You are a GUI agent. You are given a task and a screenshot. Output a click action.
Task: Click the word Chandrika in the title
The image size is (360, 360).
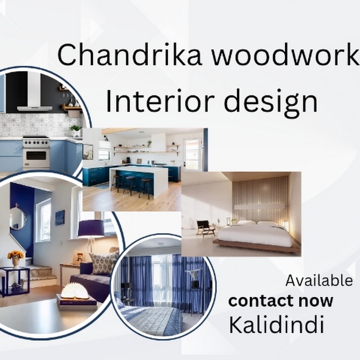[x=130, y=55]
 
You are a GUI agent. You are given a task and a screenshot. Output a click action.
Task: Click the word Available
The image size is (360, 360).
[x=319, y=280]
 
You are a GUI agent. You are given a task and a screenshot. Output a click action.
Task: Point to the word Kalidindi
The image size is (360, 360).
[x=277, y=325]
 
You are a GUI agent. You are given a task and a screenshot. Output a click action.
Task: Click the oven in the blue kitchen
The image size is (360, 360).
[x=36, y=153]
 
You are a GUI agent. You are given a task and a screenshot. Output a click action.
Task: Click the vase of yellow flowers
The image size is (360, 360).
[x=16, y=259]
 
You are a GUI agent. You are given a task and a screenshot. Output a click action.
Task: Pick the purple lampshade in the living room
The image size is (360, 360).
[x=91, y=228]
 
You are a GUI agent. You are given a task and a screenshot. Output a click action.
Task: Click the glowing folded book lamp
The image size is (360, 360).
[x=75, y=291]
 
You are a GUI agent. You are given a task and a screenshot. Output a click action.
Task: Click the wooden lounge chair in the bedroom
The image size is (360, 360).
[x=205, y=228]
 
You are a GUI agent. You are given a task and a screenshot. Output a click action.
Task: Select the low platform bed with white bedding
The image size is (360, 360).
[x=256, y=236]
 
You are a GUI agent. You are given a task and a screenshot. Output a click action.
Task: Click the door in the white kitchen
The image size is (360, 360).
[x=192, y=154]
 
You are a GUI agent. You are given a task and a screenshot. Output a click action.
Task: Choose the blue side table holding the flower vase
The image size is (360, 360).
[x=14, y=282]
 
